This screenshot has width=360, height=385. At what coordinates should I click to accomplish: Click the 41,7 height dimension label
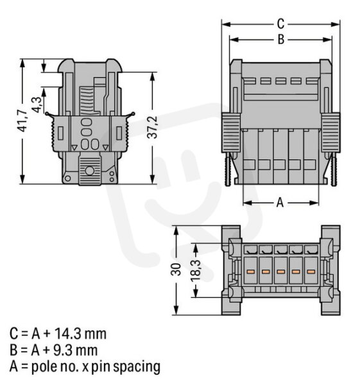[x=23, y=121]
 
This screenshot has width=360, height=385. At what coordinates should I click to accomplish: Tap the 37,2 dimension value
[x=152, y=127]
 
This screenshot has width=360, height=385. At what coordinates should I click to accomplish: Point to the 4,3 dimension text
[x=37, y=105]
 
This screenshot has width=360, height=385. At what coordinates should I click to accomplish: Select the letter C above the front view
[x=280, y=24]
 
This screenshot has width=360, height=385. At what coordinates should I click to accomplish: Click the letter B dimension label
[x=281, y=39]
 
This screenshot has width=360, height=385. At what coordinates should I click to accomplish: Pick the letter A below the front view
[x=280, y=203]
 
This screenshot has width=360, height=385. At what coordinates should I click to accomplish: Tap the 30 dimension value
[x=176, y=269]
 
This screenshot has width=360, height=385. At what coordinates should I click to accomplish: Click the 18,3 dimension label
[x=196, y=271]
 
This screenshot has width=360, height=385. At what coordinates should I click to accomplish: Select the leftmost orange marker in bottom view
[x=251, y=271]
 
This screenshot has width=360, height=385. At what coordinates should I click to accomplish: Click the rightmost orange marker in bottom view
[x=311, y=271]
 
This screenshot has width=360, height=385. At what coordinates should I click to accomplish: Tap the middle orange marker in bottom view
[x=280, y=271]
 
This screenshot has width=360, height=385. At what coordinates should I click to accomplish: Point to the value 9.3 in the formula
[x=62, y=350]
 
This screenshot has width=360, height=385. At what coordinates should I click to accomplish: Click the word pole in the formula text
[x=43, y=366]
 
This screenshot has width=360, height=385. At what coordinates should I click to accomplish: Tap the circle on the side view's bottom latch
[x=90, y=171]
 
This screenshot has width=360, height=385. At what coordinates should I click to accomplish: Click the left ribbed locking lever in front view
[x=231, y=132]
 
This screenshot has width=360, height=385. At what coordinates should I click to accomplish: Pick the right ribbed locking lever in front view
[x=330, y=132]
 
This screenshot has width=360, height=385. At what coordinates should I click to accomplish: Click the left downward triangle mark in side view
[x=74, y=148]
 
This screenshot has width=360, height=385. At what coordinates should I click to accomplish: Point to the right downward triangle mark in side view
[x=105, y=148]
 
